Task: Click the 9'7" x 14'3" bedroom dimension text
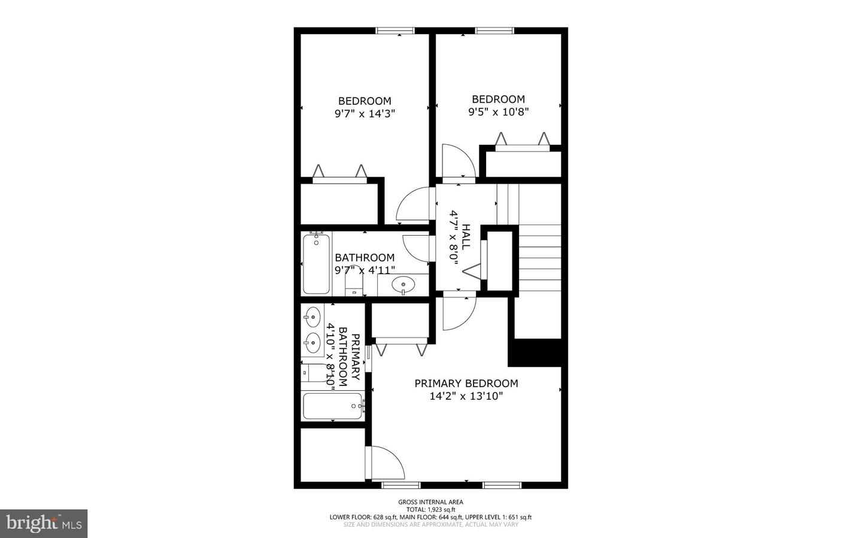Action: tap(365, 114)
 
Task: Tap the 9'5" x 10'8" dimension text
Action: tap(498, 112)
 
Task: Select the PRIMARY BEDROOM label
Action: tap(466, 383)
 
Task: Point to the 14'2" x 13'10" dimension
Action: tap(466, 396)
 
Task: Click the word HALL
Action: tap(465, 236)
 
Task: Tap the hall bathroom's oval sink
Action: tap(403, 285)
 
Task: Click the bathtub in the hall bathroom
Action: tap(316, 264)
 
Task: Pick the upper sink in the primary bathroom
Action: tap(313, 317)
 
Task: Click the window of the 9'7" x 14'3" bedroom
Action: tap(395, 31)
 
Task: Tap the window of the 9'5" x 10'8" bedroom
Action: tap(494, 31)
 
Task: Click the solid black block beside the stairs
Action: tap(537, 353)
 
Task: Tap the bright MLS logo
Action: tap(44, 524)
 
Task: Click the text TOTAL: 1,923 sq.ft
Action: tap(430, 509)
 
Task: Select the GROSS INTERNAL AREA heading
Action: tap(430, 502)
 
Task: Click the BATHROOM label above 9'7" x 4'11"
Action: tap(365, 257)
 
